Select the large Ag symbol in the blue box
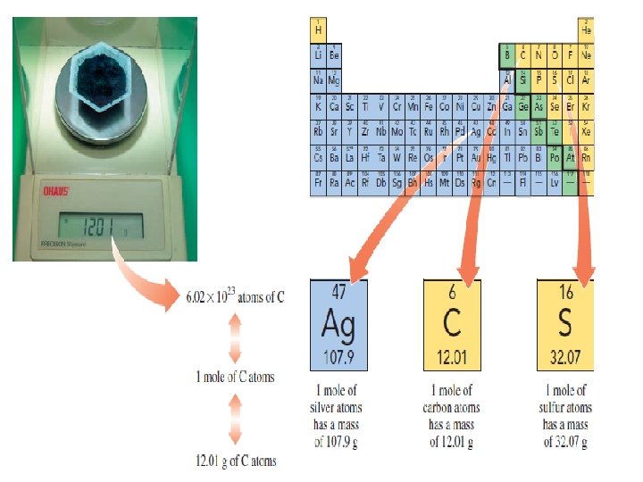tap(333, 322)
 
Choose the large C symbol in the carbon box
tap(452, 322)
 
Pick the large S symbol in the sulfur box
tap(564, 322)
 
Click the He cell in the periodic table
tap(586, 29)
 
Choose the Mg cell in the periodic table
tap(334, 79)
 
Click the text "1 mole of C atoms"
tap(236, 377)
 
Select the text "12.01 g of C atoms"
tap(236, 461)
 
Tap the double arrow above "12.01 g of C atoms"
tap(236, 419)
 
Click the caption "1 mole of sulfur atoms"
tap(567, 399)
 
